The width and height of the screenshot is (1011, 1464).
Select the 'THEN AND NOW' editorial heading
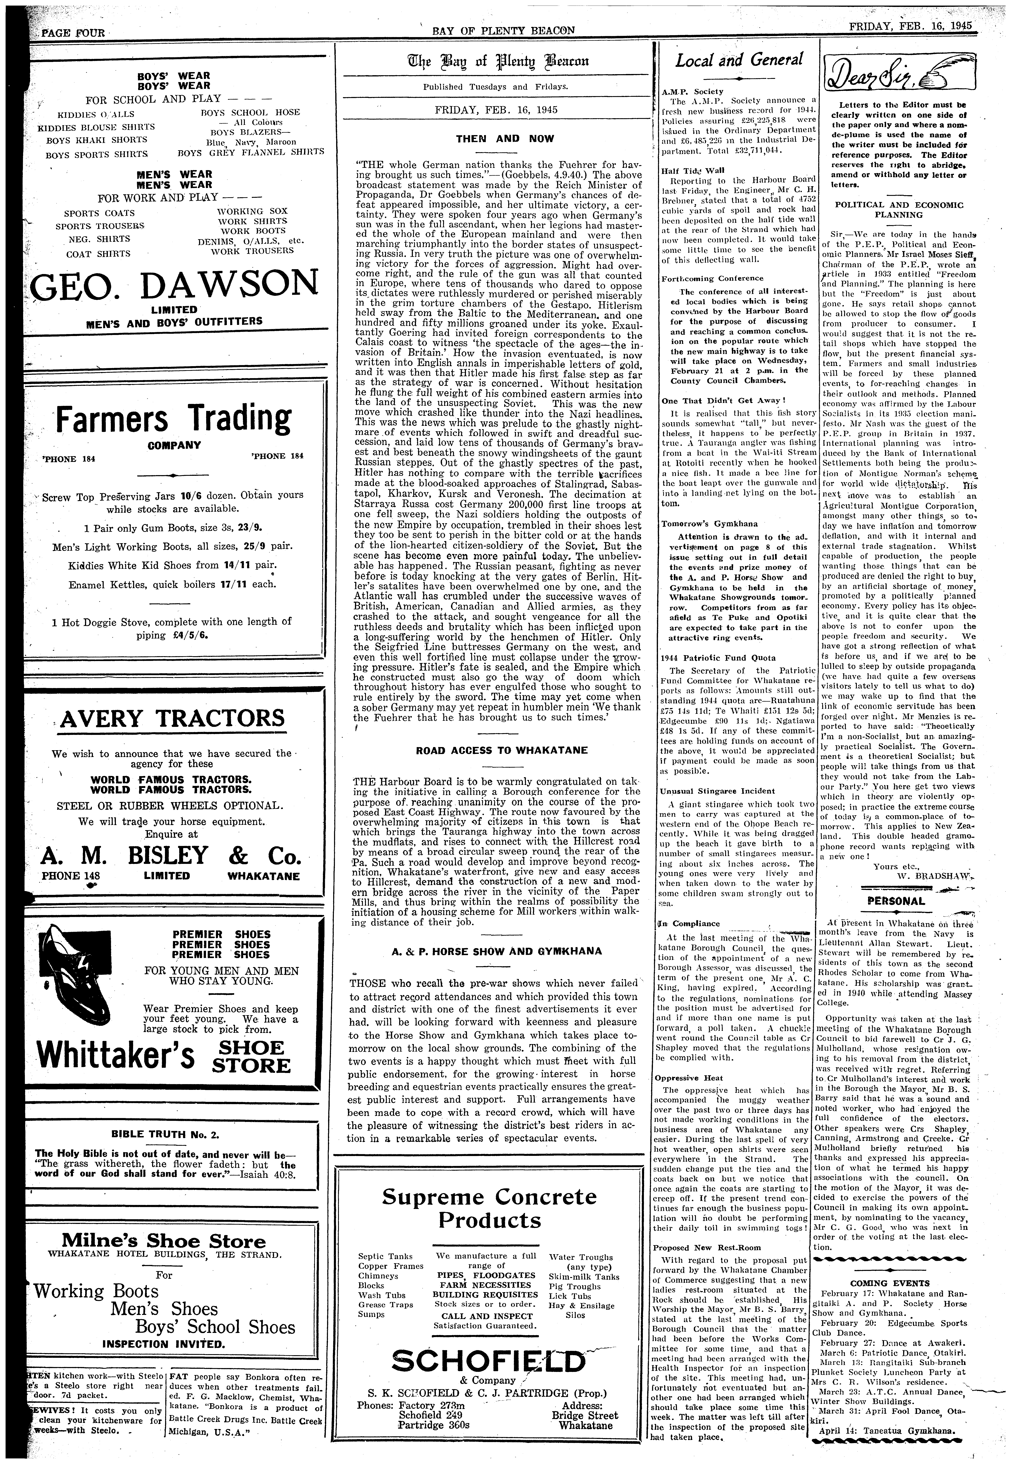(505, 138)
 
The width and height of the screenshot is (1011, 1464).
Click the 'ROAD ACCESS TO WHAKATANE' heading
(502, 750)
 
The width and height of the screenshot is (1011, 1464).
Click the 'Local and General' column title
(739, 61)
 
